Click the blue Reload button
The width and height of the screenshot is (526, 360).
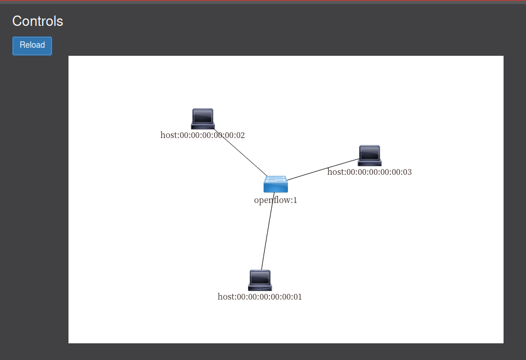point(32,45)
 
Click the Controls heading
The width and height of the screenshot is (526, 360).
point(37,21)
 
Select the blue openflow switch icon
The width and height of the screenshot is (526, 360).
point(276,184)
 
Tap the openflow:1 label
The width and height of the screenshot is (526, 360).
point(276,200)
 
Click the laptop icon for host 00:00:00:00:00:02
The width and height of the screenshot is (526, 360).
point(203,118)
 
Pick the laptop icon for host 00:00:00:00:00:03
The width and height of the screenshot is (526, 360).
point(369,155)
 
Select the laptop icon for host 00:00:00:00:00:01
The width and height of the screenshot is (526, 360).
point(260,280)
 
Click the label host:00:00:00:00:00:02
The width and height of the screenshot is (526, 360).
point(203,135)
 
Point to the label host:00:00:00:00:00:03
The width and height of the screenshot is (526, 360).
point(369,172)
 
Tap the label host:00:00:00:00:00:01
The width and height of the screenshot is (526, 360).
point(260,297)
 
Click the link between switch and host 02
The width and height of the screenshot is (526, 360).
point(241,152)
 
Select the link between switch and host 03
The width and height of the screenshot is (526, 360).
point(323,170)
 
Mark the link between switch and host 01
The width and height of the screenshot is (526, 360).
point(268,231)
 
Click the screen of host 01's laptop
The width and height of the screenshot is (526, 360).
point(260,278)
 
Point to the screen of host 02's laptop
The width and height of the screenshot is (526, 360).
point(203,116)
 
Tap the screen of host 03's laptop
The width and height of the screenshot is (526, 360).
point(369,153)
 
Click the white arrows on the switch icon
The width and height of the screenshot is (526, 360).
point(276,179)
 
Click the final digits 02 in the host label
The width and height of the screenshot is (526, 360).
point(240,135)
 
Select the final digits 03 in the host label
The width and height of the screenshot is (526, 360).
point(407,172)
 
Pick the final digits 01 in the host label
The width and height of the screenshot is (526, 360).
point(298,297)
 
